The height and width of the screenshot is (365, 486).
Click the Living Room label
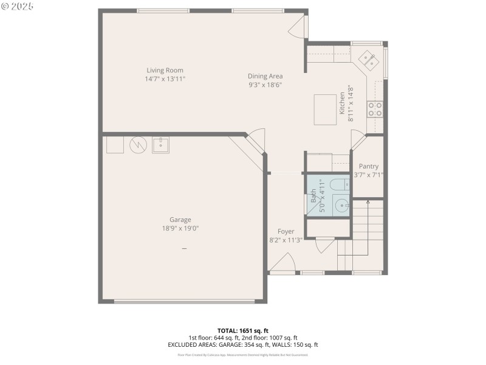coord(165,70)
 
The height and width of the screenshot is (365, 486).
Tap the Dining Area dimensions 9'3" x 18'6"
coord(265,85)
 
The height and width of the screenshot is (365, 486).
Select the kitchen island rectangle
coord(326,109)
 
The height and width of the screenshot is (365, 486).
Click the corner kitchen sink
coord(368,58)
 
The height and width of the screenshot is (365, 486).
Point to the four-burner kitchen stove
coord(375,109)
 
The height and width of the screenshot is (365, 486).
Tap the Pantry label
coord(369,166)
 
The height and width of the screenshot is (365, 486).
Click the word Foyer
coord(286,231)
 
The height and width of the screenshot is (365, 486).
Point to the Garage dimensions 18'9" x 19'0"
coord(180,228)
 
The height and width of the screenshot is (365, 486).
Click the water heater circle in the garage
coord(139,145)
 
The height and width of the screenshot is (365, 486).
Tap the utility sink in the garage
coord(161,145)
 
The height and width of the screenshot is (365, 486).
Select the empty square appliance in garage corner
coord(115,145)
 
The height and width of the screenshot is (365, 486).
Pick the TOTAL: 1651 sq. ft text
coord(243,330)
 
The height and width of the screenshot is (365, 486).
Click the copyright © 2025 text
coord(18,5)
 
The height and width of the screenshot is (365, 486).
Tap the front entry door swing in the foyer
coord(282,263)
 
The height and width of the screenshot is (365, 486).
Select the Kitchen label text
coord(342,103)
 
